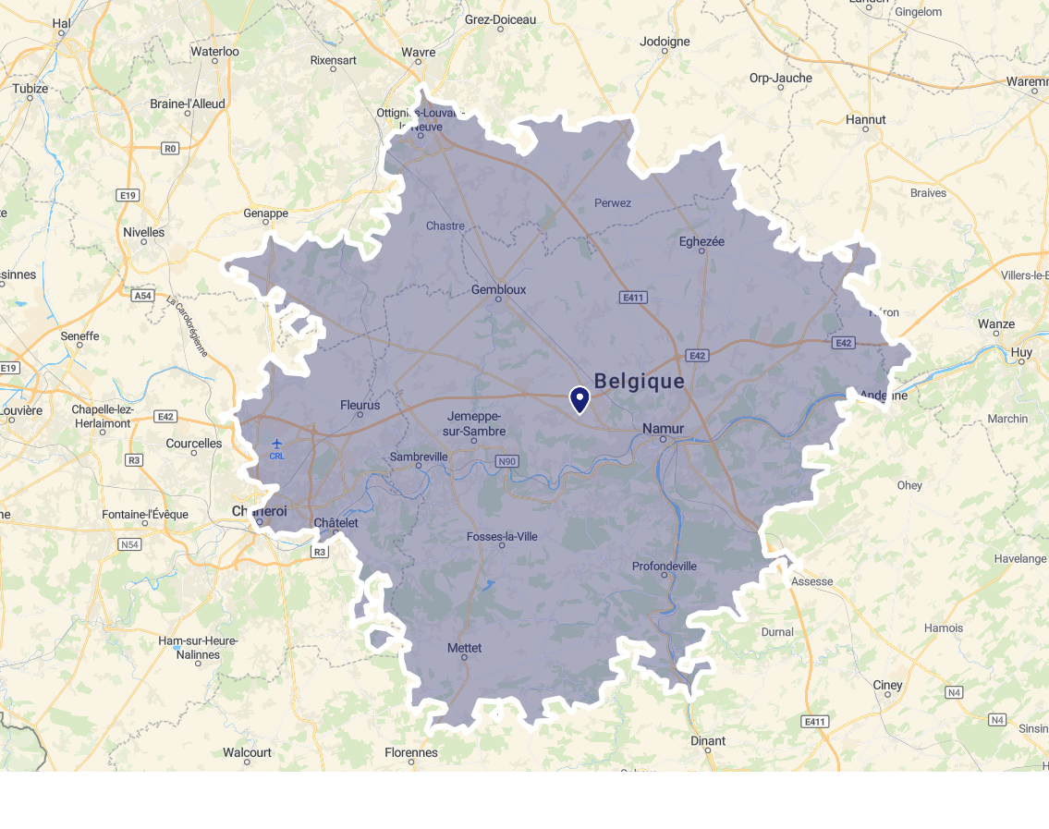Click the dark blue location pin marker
(x=579, y=399)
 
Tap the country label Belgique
(x=640, y=381)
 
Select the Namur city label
(x=663, y=429)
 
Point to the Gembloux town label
(x=498, y=289)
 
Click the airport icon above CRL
(x=277, y=444)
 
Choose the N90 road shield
(x=506, y=461)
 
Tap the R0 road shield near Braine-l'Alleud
(x=169, y=148)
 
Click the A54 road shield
(x=142, y=296)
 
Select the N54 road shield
(x=129, y=544)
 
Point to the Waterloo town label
(x=214, y=52)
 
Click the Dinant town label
(x=708, y=740)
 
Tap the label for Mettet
(x=464, y=648)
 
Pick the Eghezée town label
(x=701, y=241)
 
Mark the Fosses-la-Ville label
(x=502, y=536)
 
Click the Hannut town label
(x=865, y=119)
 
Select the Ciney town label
(x=887, y=685)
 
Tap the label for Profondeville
(x=664, y=566)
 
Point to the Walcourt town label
(x=247, y=752)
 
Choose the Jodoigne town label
(x=665, y=42)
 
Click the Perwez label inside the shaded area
(x=613, y=202)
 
